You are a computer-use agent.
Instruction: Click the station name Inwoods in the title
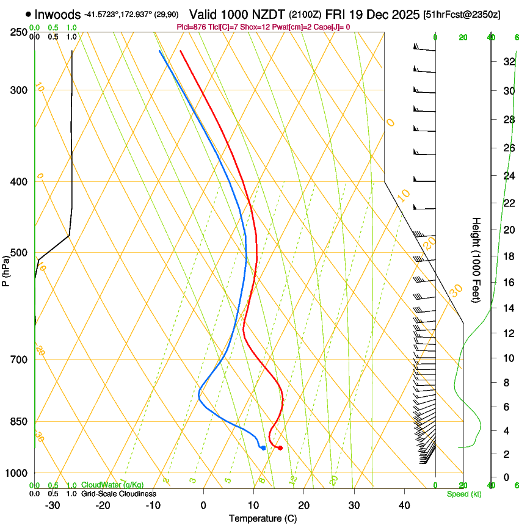click(x=59, y=14)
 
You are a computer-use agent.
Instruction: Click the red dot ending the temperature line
click(x=280, y=448)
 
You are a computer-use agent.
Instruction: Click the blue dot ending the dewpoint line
click(x=263, y=448)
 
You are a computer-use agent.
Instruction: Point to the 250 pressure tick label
click(x=19, y=32)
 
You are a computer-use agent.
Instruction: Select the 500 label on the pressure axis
click(x=19, y=253)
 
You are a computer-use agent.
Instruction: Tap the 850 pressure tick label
click(x=19, y=421)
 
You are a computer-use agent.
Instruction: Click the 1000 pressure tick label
click(x=16, y=472)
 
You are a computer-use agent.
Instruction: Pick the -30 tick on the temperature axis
click(x=53, y=505)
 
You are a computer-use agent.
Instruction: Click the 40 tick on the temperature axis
click(x=404, y=505)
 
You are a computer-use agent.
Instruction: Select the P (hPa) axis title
click(x=6, y=269)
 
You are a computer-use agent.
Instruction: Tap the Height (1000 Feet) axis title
click(x=477, y=259)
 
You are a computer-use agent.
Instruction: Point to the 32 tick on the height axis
click(x=506, y=62)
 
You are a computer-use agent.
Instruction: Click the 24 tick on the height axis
click(x=506, y=176)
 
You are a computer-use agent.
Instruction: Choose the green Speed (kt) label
click(x=463, y=494)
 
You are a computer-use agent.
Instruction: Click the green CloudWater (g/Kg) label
click(x=112, y=485)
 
